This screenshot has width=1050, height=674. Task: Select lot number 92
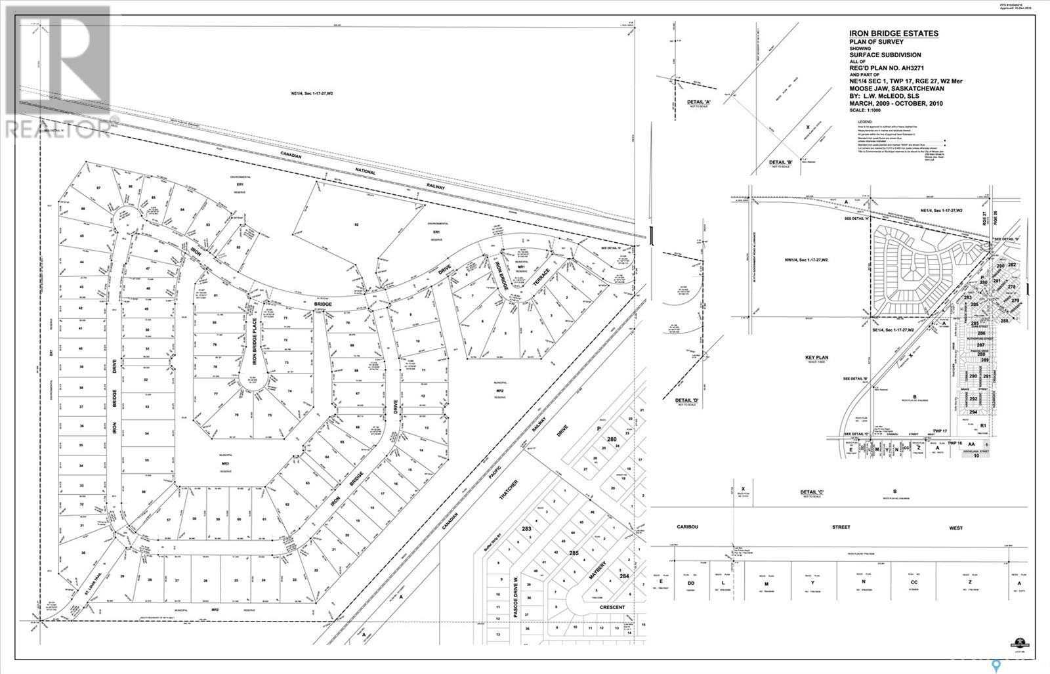pyautogui.click(x=356, y=224)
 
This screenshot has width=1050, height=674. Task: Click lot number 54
pyautogui.click(x=147, y=434)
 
